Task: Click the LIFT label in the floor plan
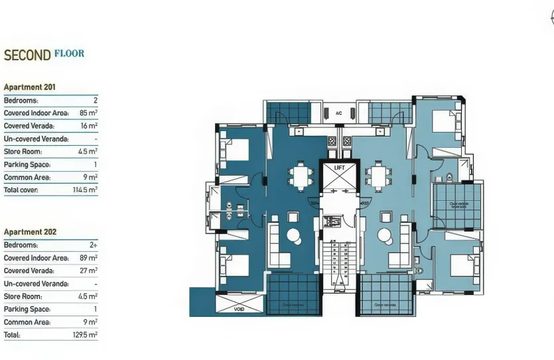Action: [x=338, y=168]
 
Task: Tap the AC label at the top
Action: [x=338, y=113]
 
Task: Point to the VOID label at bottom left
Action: [x=239, y=309]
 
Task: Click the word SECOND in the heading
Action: [x=27, y=55]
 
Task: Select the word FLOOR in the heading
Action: [x=69, y=53]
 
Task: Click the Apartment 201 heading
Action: [x=30, y=87]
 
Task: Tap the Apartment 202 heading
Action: [x=30, y=232]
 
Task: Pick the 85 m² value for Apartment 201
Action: [x=88, y=113]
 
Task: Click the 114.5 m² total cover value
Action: [x=86, y=190]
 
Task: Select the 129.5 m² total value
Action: [x=86, y=335]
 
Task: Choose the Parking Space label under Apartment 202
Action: [x=27, y=309]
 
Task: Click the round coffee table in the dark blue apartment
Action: [x=293, y=235]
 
